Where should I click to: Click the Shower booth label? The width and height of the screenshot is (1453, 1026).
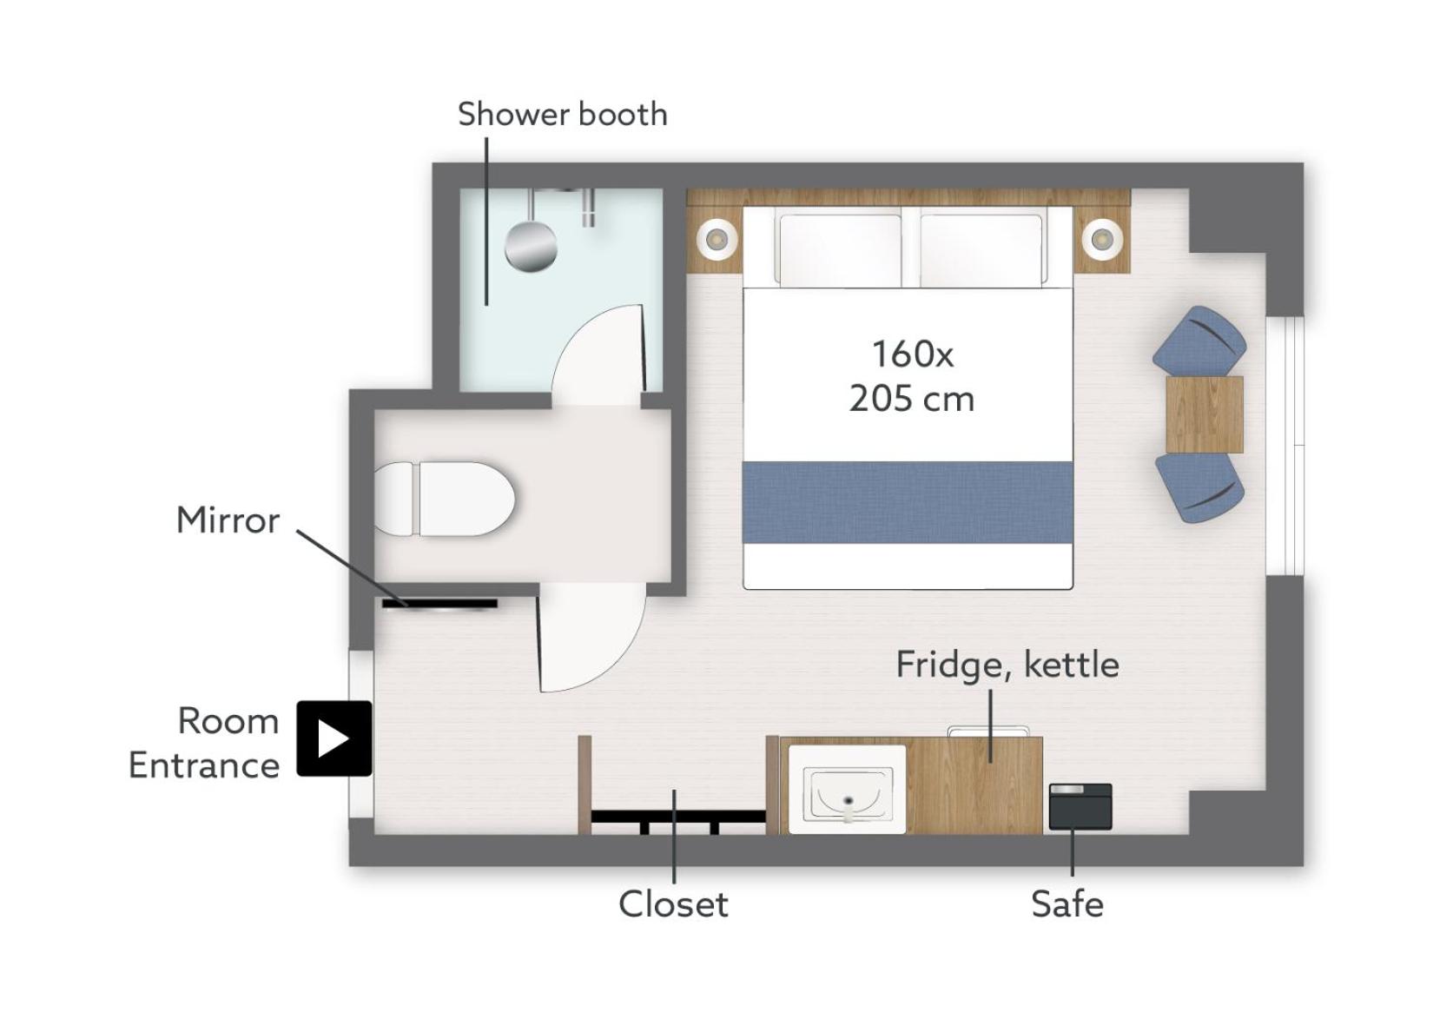pos(563,114)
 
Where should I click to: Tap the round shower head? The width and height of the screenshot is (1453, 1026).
pos(531,246)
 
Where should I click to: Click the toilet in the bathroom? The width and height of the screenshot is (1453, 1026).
pos(445,499)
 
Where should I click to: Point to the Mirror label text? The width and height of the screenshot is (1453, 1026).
pos(228,520)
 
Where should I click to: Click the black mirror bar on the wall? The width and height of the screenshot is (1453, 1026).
pos(439,604)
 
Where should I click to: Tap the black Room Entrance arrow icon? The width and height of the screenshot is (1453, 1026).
pos(334,738)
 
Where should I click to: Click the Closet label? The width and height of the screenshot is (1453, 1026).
pos(673,904)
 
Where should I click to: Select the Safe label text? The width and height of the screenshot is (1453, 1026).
pos(1067,904)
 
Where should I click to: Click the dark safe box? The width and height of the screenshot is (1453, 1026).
pos(1080,807)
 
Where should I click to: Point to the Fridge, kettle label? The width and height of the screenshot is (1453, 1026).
pos(1007,665)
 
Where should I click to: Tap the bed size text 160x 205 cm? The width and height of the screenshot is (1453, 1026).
pos(911,376)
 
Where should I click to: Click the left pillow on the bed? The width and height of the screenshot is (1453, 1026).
pos(840,250)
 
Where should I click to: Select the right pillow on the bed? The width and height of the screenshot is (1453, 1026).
pos(981,250)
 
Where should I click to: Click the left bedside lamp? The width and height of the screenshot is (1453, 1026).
pos(717,240)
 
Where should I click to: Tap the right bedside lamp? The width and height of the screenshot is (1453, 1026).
pos(1101,240)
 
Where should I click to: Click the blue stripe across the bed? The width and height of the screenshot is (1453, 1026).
pos(908,502)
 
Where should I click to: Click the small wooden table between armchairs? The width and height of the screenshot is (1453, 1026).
pos(1205,414)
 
